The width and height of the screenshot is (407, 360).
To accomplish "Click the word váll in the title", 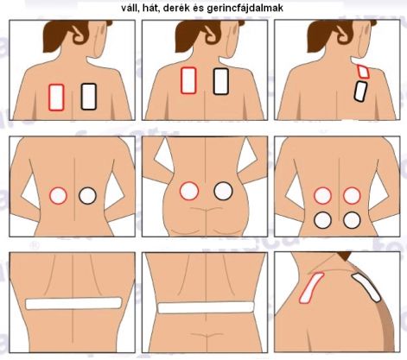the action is coord(130,9).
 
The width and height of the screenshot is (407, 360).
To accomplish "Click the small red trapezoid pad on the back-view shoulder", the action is coord(363,72).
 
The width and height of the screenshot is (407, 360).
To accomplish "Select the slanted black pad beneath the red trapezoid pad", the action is coord(360,92).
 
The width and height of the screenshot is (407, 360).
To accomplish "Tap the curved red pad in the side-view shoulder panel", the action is coord(311,287).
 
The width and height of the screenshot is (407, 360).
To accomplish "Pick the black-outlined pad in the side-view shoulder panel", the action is coord(366,287).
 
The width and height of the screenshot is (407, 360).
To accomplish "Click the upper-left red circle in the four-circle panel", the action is coord(322,196).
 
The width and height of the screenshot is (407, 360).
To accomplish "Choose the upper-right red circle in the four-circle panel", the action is coord(352,196).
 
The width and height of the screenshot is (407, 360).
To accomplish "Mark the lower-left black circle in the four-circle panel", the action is coord(322,220).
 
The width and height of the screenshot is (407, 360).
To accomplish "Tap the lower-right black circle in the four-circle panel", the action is coord(352,220).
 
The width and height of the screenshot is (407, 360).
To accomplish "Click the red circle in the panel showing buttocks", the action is coord(189,191).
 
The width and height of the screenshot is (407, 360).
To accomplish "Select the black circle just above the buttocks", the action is coord(223,191).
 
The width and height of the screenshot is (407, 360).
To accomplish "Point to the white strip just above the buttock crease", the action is coord(206,307).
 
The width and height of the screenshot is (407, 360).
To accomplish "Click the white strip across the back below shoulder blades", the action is coord(73,304).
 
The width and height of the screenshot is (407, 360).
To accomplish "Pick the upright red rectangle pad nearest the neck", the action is coord(188,80).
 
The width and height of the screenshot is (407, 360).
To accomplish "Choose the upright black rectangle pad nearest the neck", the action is coord(221,81).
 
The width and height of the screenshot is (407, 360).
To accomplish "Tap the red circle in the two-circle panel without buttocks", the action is coord(58,196).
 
